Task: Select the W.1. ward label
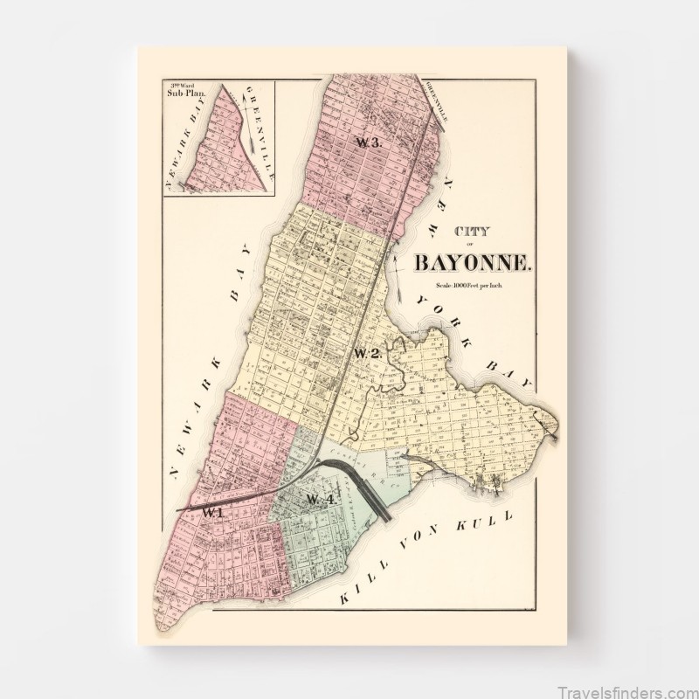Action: pyautogui.click(x=212, y=513)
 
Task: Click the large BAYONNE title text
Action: pyautogui.click(x=473, y=261)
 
